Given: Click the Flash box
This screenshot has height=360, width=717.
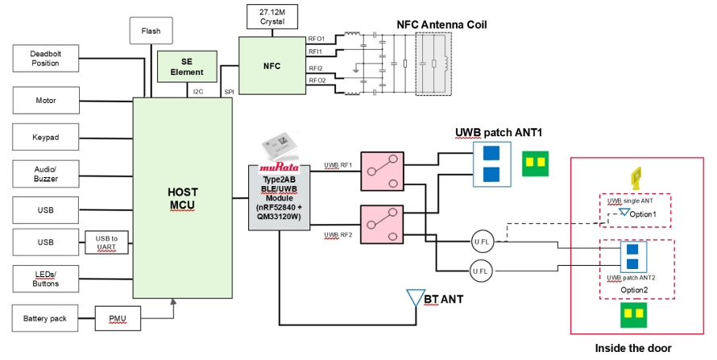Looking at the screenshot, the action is coord(151,31).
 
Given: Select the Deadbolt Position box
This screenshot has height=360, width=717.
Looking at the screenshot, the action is coord(46,59).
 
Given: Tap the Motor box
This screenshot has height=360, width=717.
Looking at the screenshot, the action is coord(46,100).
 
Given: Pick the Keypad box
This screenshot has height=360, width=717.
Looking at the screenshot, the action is coord(46,137).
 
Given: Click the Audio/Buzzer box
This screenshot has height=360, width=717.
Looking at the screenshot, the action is coord(46,174).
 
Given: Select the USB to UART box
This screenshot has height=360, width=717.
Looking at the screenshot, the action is coord(106,242).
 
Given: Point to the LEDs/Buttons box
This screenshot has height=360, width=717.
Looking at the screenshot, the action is coord(46,279).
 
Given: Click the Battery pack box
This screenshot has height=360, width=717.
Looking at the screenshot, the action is coord(45,318).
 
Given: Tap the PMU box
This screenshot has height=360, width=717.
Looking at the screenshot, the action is coord(118,318).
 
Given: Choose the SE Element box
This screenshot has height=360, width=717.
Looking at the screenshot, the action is coord(187,67).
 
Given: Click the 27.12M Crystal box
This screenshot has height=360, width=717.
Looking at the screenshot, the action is coord(272,17).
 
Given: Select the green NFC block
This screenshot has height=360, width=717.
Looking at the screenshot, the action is coord(272,66).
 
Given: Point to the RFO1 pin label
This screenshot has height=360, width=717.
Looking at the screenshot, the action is coord(317,39).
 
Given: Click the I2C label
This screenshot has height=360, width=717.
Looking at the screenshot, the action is coord(198,91).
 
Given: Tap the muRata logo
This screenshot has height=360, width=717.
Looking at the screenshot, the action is coord(279,168).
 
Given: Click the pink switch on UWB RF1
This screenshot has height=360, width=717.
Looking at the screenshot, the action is coord(383,172).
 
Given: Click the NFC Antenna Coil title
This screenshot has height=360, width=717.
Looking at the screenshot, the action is coord(441,25).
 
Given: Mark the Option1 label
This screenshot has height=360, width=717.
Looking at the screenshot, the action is coord(642,214).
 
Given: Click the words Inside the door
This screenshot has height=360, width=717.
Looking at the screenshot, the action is coord(633,348).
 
